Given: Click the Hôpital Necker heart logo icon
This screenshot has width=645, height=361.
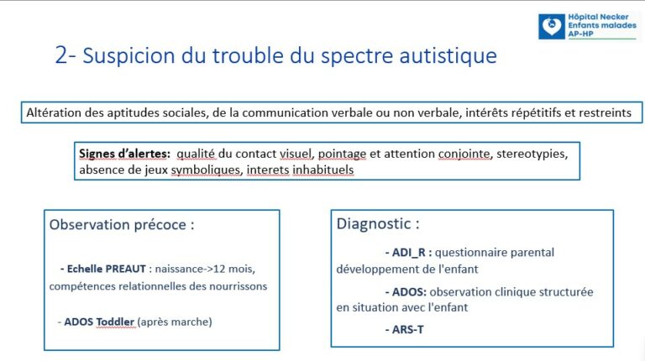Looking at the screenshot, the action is pyautogui.click(x=551, y=27).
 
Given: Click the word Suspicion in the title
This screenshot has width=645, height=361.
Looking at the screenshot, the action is pyautogui.click(x=128, y=55).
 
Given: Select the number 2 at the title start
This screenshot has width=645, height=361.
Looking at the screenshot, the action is pyautogui.click(x=60, y=55).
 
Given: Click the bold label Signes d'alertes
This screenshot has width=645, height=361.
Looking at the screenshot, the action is pyautogui.click(x=124, y=154).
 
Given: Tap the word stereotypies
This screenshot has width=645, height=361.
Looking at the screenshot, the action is pyautogui.click(x=532, y=154).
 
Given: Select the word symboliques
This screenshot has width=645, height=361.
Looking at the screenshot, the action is pyautogui.click(x=206, y=170).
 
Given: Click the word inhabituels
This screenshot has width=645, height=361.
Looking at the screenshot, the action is pyautogui.click(x=322, y=170).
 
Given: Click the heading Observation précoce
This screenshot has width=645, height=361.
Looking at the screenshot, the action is pyautogui.click(x=122, y=225).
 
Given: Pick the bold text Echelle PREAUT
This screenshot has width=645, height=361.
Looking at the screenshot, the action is pyautogui.click(x=106, y=269).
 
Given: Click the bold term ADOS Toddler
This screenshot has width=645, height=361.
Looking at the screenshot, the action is pyautogui.click(x=99, y=322).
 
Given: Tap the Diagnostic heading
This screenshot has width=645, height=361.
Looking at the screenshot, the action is pyautogui.click(x=378, y=223).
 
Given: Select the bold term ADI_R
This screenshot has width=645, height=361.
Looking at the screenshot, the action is pyautogui.click(x=408, y=253).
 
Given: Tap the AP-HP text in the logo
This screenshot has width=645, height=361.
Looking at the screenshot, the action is pyautogui.click(x=580, y=34).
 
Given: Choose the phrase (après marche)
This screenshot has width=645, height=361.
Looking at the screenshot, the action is pyautogui.click(x=175, y=322).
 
